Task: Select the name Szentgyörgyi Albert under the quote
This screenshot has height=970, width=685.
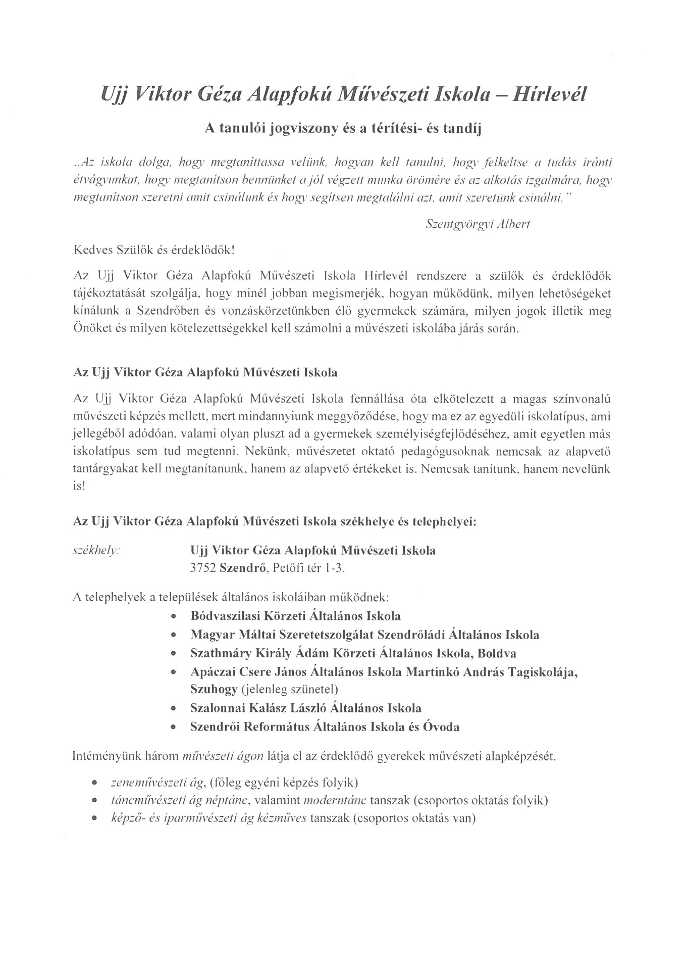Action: click(x=478, y=225)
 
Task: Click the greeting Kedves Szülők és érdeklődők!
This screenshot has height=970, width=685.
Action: click(x=154, y=250)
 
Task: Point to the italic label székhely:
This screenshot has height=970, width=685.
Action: click(x=96, y=551)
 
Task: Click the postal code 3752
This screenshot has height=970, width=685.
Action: click(x=203, y=568)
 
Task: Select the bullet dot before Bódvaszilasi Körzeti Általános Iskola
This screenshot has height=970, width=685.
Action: click(x=174, y=617)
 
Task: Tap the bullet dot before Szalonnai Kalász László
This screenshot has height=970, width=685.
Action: click(x=174, y=709)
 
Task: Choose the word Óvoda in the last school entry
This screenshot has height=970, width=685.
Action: click(x=441, y=727)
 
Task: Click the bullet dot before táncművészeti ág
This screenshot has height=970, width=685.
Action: click(x=94, y=801)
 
